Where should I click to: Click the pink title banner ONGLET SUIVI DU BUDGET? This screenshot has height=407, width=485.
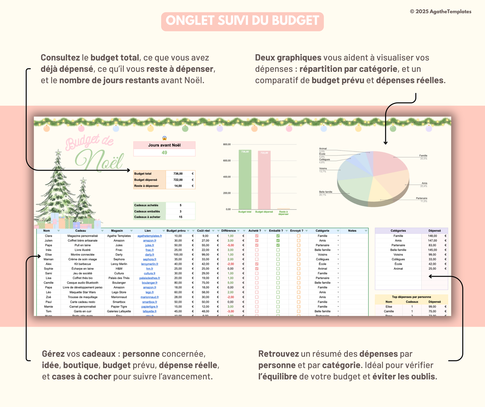(242, 21)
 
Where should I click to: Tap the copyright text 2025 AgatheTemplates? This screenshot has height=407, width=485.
(440, 11)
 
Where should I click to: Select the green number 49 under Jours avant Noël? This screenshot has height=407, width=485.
(164, 152)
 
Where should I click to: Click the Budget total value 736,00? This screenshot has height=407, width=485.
(178, 174)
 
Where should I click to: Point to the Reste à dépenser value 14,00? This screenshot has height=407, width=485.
(178, 186)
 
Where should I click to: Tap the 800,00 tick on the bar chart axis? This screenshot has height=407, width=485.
(227, 144)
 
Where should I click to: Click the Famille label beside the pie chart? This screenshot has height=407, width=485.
(423, 156)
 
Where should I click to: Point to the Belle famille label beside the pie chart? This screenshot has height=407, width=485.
(326, 192)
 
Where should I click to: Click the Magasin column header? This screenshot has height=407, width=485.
(117, 231)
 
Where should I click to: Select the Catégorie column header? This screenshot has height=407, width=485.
(322, 231)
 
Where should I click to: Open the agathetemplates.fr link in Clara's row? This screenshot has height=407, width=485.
(150, 236)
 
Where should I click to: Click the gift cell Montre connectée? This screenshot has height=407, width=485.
(83, 255)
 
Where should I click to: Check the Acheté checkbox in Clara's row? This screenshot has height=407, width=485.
(257, 236)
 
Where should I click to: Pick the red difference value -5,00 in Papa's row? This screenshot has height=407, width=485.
(230, 245)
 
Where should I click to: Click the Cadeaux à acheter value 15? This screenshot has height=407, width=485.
(181, 217)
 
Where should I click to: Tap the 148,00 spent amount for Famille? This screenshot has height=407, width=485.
(432, 236)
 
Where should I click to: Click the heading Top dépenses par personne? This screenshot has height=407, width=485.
(411, 297)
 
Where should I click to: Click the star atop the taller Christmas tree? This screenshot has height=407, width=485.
(58, 152)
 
